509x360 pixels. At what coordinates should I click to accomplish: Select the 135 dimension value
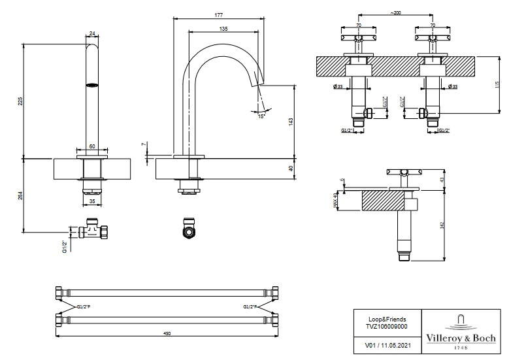pos(224,29)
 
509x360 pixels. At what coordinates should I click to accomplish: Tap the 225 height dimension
pos(20,101)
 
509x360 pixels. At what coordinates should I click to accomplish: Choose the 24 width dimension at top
pos(92,33)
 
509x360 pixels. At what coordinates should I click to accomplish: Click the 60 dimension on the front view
pos(92,146)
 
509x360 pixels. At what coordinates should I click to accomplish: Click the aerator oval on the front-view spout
pos(92,84)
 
